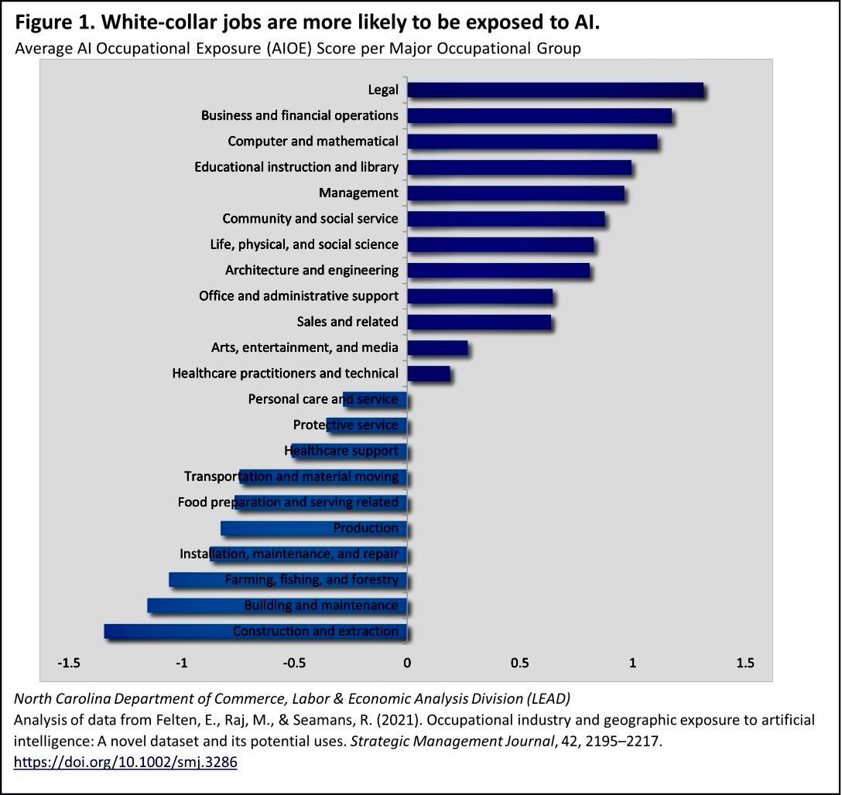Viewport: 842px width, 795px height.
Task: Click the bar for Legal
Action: click(x=555, y=90)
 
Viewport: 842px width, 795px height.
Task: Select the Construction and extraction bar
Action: click(x=255, y=631)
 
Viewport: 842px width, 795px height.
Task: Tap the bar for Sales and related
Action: click(x=479, y=322)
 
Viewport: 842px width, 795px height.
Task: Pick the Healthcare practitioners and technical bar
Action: click(x=429, y=374)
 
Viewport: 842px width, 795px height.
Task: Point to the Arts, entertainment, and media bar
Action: click(x=437, y=348)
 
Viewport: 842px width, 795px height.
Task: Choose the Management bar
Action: click(x=515, y=193)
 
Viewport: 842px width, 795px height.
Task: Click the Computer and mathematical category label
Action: click(x=313, y=142)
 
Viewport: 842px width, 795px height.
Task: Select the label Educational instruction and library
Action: click(x=296, y=167)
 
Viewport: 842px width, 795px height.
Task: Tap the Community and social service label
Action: click(x=310, y=219)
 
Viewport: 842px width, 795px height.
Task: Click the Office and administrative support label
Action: click(x=299, y=296)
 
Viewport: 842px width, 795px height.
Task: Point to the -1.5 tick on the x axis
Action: click(x=69, y=663)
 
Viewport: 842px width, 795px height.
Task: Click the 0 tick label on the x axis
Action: click(x=407, y=663)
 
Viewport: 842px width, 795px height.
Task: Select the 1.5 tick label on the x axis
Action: click(x=744, y=663)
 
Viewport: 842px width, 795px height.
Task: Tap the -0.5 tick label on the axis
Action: click(x=295, y=663)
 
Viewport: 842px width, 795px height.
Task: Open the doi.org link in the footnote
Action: click(x=125, y=762)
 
